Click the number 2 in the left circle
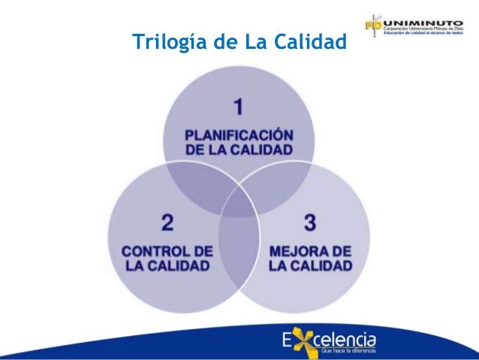pyautogui.click(x=167, y=222)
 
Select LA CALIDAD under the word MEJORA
pyautogui.click(x=310, y=266)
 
